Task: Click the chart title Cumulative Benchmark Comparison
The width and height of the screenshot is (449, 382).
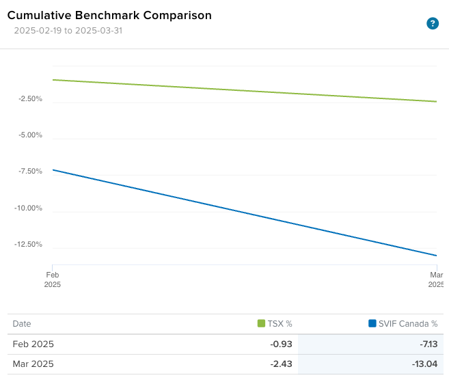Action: (x=109, y=15)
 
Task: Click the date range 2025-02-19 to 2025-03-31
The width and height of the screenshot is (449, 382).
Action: (x=68, y=31)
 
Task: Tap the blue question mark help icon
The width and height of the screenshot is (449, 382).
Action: (x=432, y=23)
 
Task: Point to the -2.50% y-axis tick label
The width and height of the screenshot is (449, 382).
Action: (x=30, y=99)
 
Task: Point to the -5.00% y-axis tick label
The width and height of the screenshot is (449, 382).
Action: (x=30, y=135)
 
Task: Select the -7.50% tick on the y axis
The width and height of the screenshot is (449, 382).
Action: (x=30, y=172)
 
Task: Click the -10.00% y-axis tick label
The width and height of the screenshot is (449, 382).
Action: (x=29, y=208)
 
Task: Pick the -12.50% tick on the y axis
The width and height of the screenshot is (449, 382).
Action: (x=29, y=245)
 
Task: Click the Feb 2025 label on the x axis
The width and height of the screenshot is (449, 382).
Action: (x=53, y=279)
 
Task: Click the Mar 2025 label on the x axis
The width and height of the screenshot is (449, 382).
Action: (x=437, y=279)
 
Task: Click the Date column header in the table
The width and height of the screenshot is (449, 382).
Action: (x=22, y=324)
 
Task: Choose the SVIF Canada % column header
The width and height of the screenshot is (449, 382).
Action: (x=407, y=324)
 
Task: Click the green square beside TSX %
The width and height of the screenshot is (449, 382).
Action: (x=262, y=324)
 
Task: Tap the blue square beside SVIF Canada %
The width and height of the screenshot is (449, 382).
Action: (x=372, y=324)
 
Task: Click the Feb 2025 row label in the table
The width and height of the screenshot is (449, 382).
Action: (x=33, y=344)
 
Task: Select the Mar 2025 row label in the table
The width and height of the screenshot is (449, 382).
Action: (x=33, y=364)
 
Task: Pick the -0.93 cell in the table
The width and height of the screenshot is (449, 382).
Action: (x=281, y=344)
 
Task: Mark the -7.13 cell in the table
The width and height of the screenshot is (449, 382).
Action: (x=426, y=344)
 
